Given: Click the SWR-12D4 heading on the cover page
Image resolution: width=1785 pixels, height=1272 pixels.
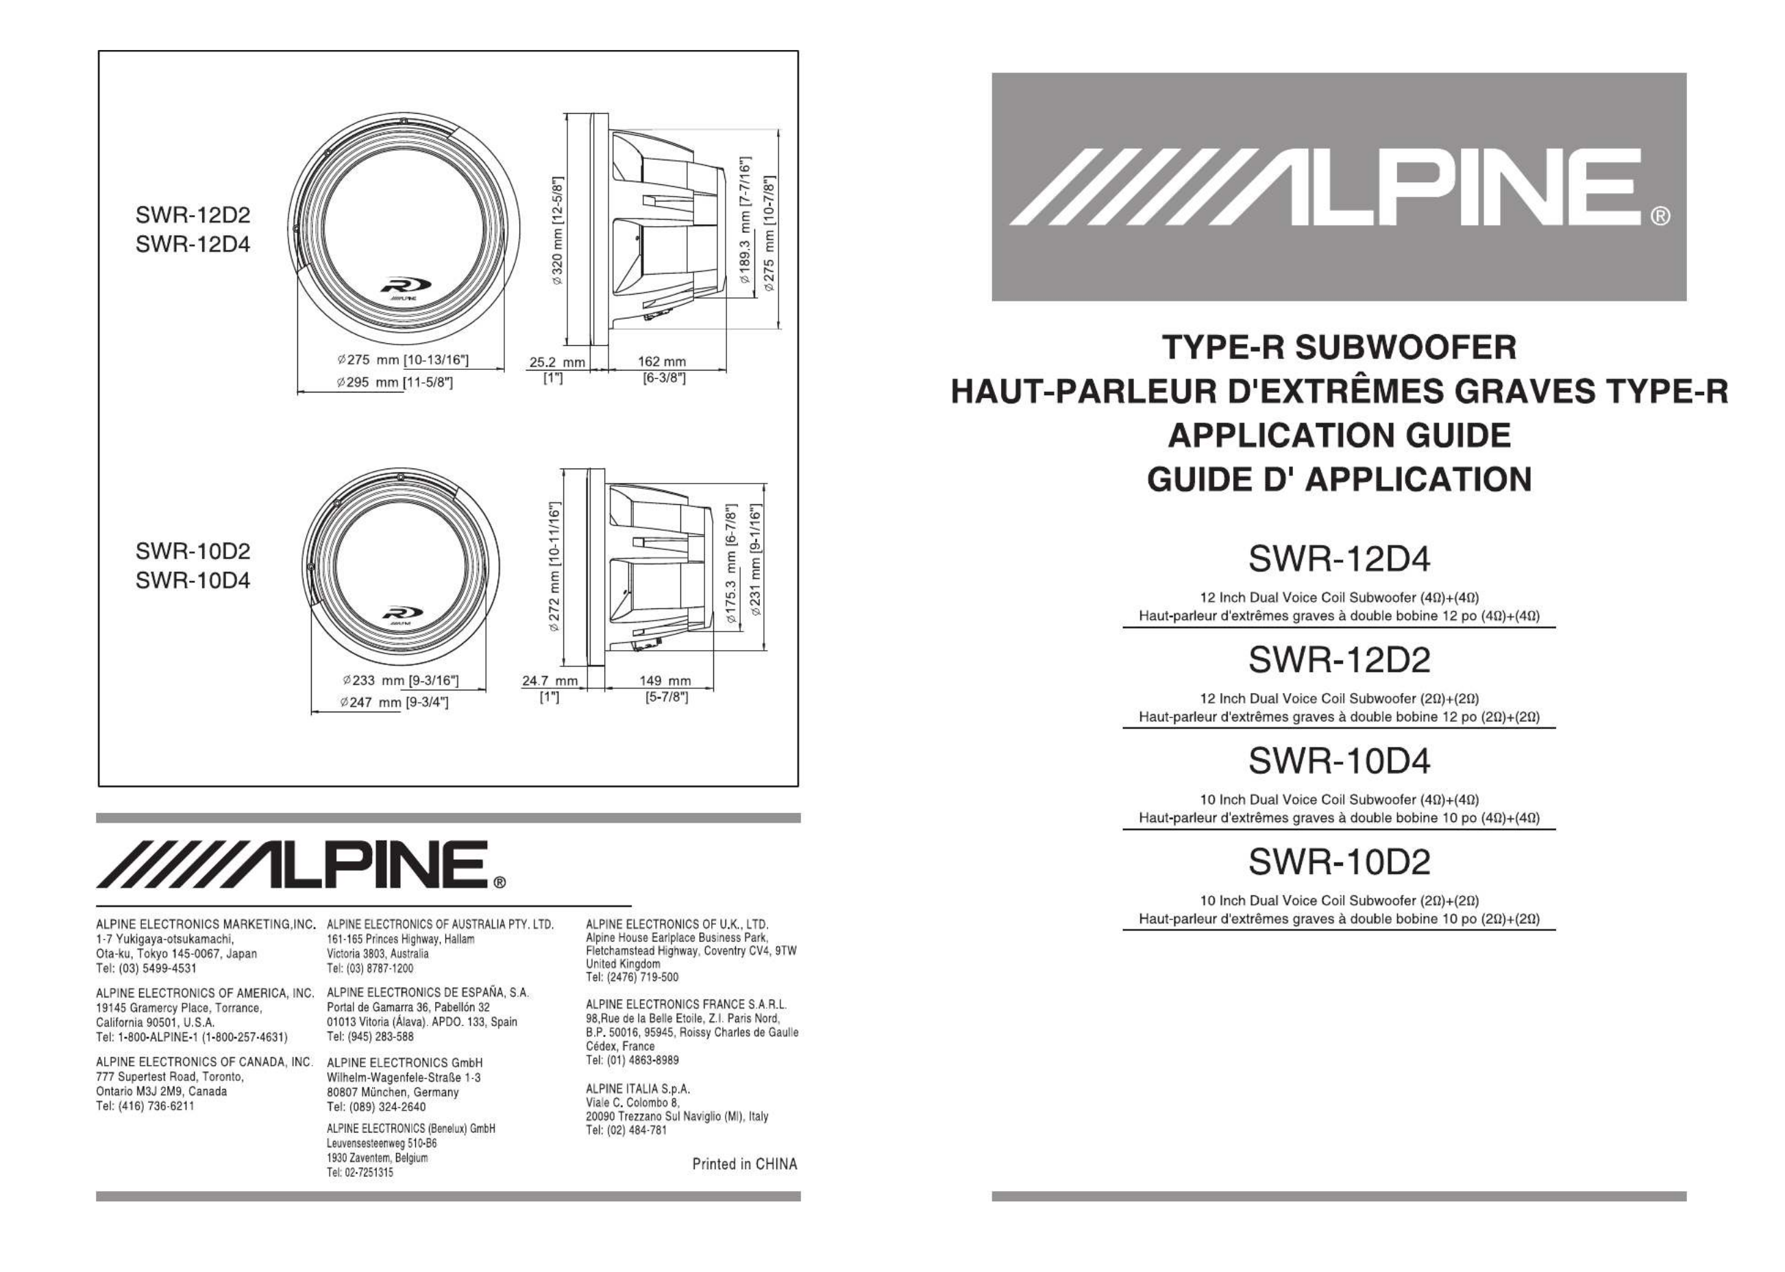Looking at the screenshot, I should (x=1338, y=559).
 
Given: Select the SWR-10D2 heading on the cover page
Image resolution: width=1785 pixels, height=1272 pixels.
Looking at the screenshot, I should (x=1338, y=862).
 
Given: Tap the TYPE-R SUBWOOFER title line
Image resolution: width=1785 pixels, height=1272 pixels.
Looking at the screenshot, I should (x=1338, y=347).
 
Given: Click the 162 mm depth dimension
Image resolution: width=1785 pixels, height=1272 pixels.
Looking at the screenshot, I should (x=661, y=362).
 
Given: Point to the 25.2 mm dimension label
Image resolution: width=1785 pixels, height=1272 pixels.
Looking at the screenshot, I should (x=557, y=362).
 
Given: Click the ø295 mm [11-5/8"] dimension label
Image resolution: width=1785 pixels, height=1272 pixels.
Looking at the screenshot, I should (x=395, y=382).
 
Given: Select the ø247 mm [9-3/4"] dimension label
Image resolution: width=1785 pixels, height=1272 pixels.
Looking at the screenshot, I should (x=394, y=702).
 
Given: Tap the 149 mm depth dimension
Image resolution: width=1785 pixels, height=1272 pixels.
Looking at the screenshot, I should (x=665, y=681).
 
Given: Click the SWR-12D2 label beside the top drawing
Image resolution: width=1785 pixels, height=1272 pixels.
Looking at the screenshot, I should (x=193, y=214).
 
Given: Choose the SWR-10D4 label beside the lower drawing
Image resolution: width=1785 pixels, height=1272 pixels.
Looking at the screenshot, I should (x=193, y=581).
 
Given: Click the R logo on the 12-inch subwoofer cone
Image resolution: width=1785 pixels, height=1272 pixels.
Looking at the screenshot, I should (x=401, y=285).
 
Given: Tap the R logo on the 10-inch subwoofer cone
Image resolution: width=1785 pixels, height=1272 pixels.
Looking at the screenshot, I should (x=401, y=612).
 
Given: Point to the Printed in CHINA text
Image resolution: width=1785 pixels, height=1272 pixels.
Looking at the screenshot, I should (x=744, y=1164).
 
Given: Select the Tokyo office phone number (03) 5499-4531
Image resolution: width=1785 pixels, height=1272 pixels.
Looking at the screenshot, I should (x=147, y=968).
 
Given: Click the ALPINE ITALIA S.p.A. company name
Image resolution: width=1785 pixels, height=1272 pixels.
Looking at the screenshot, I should (x=638, y=1088).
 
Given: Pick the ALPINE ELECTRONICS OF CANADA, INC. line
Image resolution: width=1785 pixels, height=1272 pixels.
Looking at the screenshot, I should (x=204, y=1062).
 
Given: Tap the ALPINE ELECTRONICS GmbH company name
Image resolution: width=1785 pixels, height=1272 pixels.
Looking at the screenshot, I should (x=404, y=1063).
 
